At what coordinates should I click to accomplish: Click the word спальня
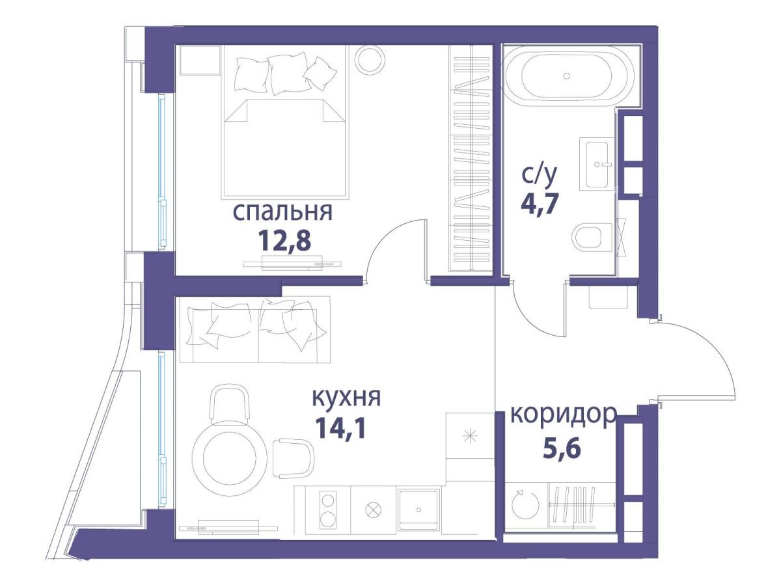coord(282,213)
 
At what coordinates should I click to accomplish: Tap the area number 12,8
coord(284,242)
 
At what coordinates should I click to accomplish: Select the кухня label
coord(346,398)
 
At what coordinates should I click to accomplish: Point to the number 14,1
coord(340,428)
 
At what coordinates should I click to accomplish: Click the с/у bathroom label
coord(539,174)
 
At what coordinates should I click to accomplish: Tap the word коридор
coord(562,414)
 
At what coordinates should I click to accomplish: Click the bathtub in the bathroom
coord(566,77)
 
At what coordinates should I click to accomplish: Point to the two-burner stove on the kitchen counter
coord(328,511)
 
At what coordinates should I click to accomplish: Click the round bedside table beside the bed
coord(369,60)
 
